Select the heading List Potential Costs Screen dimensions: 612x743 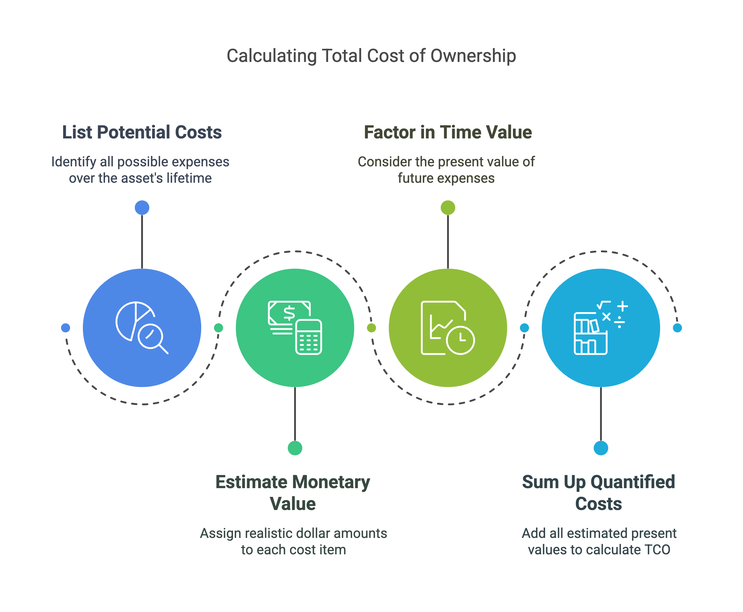(x=142, y=132)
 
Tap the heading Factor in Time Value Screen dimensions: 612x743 (x=448, y=132)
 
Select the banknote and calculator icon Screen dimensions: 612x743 (x=295, y=328)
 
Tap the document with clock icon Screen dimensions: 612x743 (x=448, y=328)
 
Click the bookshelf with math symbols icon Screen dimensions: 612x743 (x=601, y=328)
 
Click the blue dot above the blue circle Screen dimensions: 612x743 (x=142, y=208)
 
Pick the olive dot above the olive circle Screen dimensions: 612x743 (x=448, y=208)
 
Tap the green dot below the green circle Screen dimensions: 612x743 (x=295, y=448)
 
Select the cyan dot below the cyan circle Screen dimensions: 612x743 (x=601, y=448)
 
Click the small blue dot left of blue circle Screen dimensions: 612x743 (x=66, y=328)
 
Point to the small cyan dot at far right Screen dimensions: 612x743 (x=677, y=328)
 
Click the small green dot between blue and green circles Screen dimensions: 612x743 (x=219, y=328)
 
